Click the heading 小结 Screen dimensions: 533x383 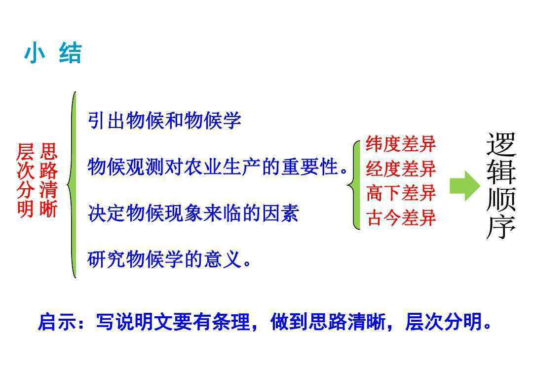53,53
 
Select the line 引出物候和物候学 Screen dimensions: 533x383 164,120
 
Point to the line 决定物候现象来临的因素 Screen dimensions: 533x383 193,213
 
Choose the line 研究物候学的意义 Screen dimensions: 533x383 169,259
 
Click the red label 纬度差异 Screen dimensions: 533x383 401,144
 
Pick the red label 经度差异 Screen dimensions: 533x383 401,169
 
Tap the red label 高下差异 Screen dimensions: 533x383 401,193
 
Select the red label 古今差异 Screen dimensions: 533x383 401,217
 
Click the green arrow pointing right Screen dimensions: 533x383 465,186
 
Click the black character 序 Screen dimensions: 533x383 501,227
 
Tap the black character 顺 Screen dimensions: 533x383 501,200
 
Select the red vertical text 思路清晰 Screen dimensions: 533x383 48,180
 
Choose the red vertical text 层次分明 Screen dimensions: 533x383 26,180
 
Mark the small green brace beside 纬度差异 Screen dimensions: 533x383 353,185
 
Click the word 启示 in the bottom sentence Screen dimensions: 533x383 56,322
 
